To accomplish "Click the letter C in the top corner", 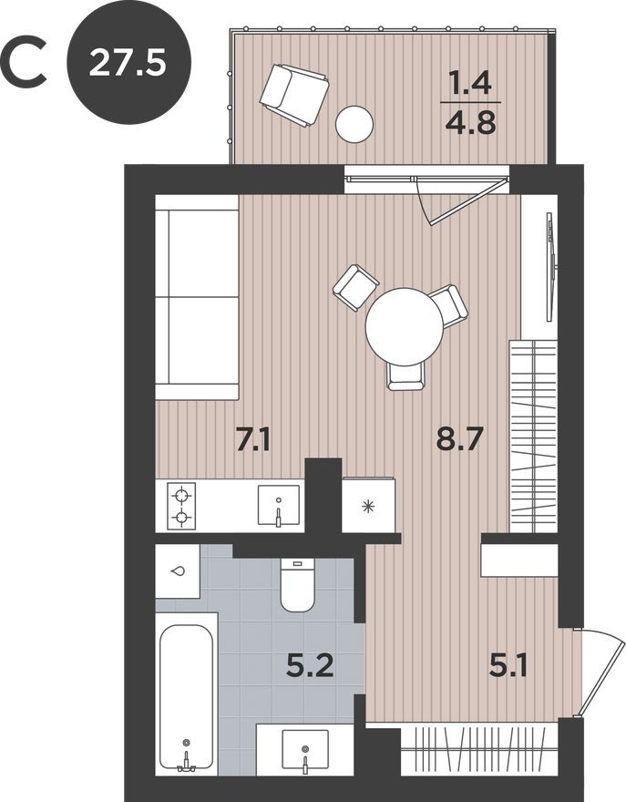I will (25, 62).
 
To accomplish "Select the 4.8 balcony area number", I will (470, 122).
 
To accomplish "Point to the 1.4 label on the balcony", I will (470, 86).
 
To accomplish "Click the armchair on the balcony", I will (293, 95).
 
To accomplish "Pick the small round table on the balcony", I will (354, 124).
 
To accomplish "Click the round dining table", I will (405, 326).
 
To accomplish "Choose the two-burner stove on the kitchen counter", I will (181, 507).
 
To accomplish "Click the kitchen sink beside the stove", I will (278, 507).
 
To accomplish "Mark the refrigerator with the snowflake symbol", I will (368, 505).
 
